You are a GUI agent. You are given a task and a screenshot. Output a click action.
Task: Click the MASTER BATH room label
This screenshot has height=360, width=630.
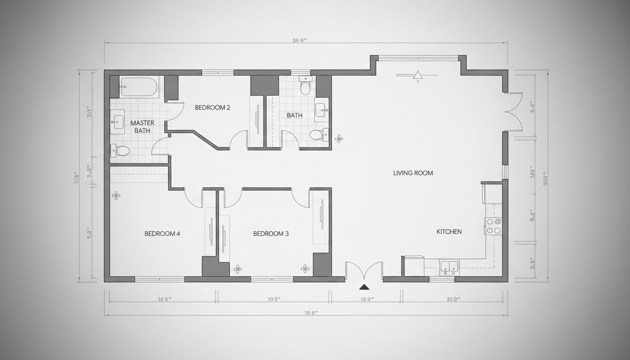pos(142,127)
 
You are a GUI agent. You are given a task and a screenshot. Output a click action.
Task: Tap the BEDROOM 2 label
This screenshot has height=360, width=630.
pos(212,107)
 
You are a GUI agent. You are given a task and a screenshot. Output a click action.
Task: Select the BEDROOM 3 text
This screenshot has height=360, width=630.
pos(271,233)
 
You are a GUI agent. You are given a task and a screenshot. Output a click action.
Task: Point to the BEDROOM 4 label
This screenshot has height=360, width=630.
pos(162,233)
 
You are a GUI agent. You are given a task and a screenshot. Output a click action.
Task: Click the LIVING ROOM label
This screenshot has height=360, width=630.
pos(413,173)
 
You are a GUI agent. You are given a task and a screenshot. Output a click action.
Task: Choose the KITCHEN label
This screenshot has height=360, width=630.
pos(449,232)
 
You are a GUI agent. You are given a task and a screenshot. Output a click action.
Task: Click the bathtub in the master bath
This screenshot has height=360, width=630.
pos(139,87)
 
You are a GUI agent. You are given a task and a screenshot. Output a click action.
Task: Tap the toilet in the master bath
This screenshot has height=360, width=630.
pos(121,150)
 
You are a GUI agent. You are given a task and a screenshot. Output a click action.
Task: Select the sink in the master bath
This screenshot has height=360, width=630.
pos(117,122)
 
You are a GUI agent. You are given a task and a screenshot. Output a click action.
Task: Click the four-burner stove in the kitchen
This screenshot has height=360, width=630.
pos(493,226)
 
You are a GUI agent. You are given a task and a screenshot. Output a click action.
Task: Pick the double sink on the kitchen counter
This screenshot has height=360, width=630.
pos(449,268)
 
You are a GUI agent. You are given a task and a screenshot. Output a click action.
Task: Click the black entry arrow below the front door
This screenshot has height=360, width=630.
pos(364,287)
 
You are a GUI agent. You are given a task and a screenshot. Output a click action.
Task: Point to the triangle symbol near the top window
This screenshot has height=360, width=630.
pos(417,75)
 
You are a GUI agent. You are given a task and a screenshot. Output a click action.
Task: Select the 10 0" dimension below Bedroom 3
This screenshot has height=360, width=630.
pos(273,299)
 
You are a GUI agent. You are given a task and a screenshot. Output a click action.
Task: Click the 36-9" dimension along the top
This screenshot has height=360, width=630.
pos(299,40)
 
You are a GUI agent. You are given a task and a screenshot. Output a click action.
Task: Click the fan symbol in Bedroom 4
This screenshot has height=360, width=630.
pos(116,195)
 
